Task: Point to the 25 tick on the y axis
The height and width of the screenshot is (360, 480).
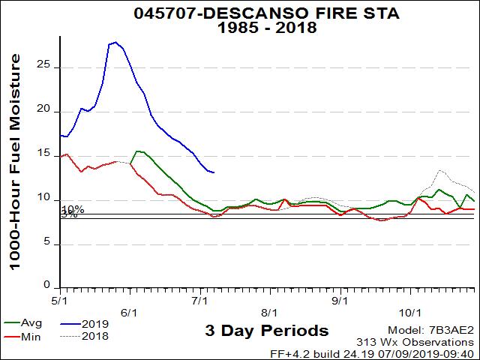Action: pyautogui.click(x=49, y=66)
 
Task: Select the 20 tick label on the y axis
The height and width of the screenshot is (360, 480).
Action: pyautogui.click(x=49, y=110)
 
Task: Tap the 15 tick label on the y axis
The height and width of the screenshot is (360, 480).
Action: pyautogui.click(x=49, y=154)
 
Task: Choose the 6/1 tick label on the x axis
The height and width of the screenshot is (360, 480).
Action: pyautogui.click(x=129, y=312)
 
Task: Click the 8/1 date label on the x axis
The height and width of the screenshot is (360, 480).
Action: pyautogui.click(x=269, y=312)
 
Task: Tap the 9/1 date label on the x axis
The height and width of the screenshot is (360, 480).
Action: pyautogui.click(x=340, y=312)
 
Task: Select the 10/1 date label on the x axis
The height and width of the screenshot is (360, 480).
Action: pyautogui.click(x=409, y=312)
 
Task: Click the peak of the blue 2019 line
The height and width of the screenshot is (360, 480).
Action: pyautogui.click(x=115, y=42)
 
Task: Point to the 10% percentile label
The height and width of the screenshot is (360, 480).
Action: pyautogui.click(x=73, y=209)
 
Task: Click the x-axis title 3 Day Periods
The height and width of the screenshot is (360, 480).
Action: pyautogui.click(x=266, y=331)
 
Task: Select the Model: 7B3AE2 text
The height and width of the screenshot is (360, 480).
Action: pyautogui.click(x=431, y=331)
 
